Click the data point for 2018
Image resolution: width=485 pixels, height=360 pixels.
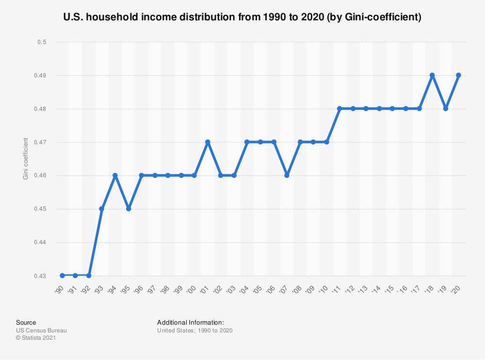[432, 76]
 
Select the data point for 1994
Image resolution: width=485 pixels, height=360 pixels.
[115, 175]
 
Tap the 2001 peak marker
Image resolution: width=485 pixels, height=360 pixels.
[208, 142]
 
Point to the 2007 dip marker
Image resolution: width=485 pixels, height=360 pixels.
[287, 175]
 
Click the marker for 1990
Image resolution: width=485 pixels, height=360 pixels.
[62, 276]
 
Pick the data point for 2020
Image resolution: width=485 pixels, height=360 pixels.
[458, 76]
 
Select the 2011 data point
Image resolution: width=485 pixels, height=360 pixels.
[339, 109]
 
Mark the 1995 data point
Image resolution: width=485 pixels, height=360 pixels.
[129, 209]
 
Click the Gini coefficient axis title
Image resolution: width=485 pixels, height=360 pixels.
[26, 159]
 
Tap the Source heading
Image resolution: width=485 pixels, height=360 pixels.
[26, 323]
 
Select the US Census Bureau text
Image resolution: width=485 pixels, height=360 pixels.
[41, 330]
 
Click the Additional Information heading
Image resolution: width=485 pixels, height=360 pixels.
[191, 323]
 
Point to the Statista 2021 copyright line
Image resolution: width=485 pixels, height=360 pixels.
[36, 338]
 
